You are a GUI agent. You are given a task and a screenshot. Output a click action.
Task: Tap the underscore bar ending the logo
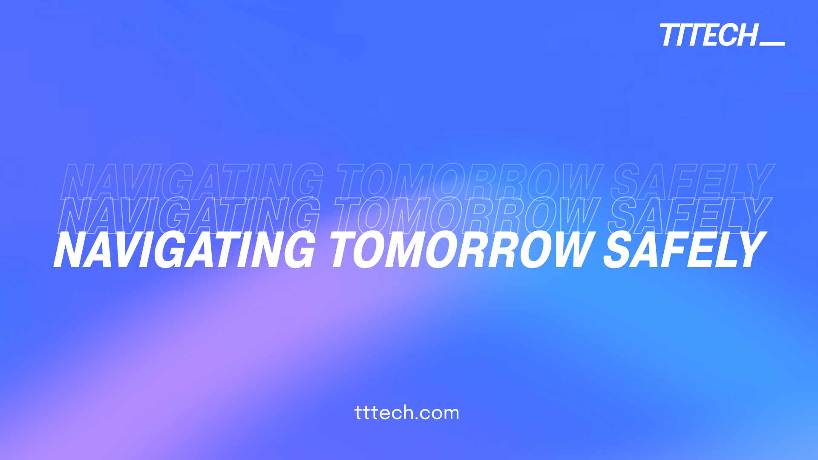772,43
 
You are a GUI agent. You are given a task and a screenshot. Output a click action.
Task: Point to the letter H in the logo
746,35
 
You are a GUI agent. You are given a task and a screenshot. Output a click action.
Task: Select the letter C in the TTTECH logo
727,35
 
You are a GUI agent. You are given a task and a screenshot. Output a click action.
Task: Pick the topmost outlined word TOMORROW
469,182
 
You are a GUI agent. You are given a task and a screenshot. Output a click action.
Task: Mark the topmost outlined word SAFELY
692,182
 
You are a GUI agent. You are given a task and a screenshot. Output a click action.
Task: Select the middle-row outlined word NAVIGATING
190,216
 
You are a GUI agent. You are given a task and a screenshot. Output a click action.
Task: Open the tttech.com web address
407,413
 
